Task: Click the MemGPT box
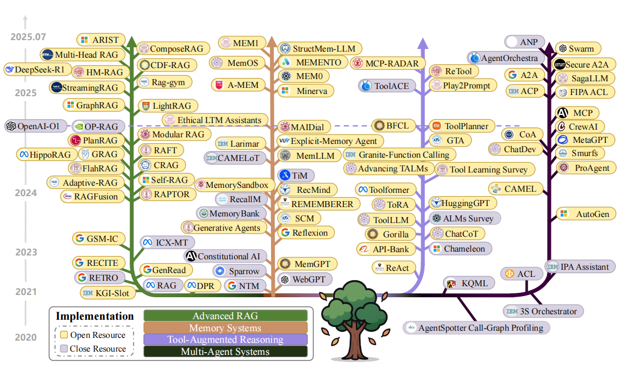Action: (x=304, y=264)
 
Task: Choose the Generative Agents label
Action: (x=223, y=227)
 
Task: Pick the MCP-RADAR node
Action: (x=385, y=63)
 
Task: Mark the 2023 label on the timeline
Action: (x=26, y=252)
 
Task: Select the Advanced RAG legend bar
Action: (x=225, y=316)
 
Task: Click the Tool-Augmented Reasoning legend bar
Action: (x=225, y=340)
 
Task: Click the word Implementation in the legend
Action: (x=95, y=317)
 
